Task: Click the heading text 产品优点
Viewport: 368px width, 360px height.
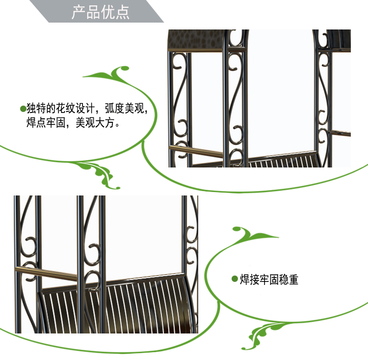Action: pos(101,12)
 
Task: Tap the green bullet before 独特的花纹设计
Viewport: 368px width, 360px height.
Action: pos(23,109)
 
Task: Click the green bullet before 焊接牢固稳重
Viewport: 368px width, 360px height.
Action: pos(235,279)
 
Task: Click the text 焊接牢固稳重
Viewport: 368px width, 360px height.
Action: pos(269,280)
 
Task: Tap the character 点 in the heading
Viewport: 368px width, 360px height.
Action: pos(123,12)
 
